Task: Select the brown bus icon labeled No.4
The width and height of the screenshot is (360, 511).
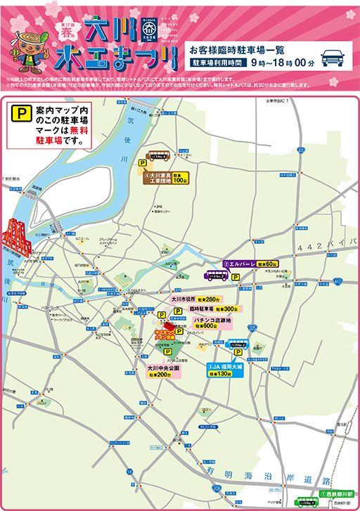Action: [157, 157]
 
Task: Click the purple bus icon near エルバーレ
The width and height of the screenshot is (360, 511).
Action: [217, 276]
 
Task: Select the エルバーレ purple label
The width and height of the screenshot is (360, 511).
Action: [240, 264]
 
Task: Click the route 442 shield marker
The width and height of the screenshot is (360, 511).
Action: [338, 280]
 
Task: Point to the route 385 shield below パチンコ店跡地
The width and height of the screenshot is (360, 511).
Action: [251, 328]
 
